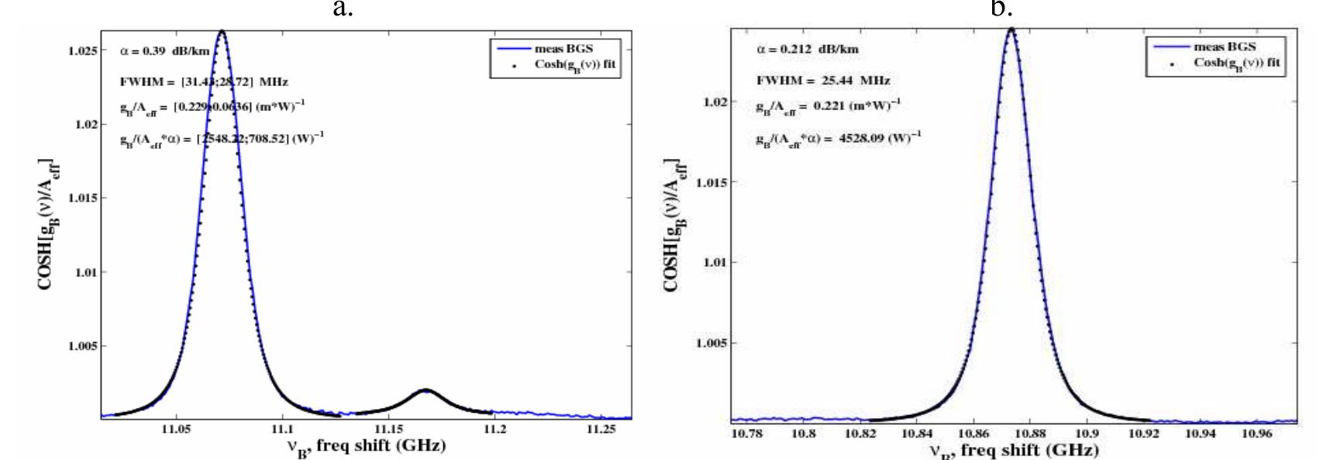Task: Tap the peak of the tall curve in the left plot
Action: click(x=222, y=32)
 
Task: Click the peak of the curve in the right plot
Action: click(x=1011, y=29)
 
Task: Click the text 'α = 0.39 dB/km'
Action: click(x=165, y=51)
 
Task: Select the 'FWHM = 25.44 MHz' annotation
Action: click(x=823, y=80)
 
